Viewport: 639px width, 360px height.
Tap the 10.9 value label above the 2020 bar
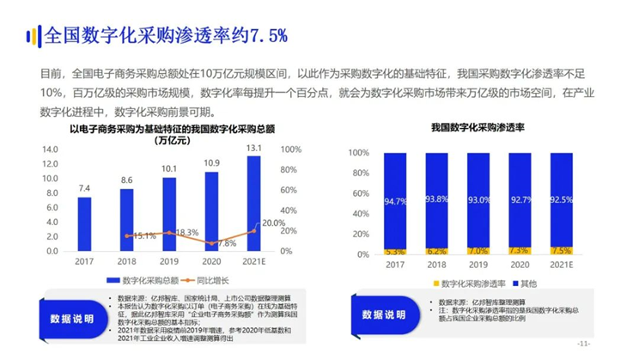pos(211,162)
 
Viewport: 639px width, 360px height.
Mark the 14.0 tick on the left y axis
pos(48,149)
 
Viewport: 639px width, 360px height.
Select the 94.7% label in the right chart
pos(395,201)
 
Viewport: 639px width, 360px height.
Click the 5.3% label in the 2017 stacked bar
pos(395,252)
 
